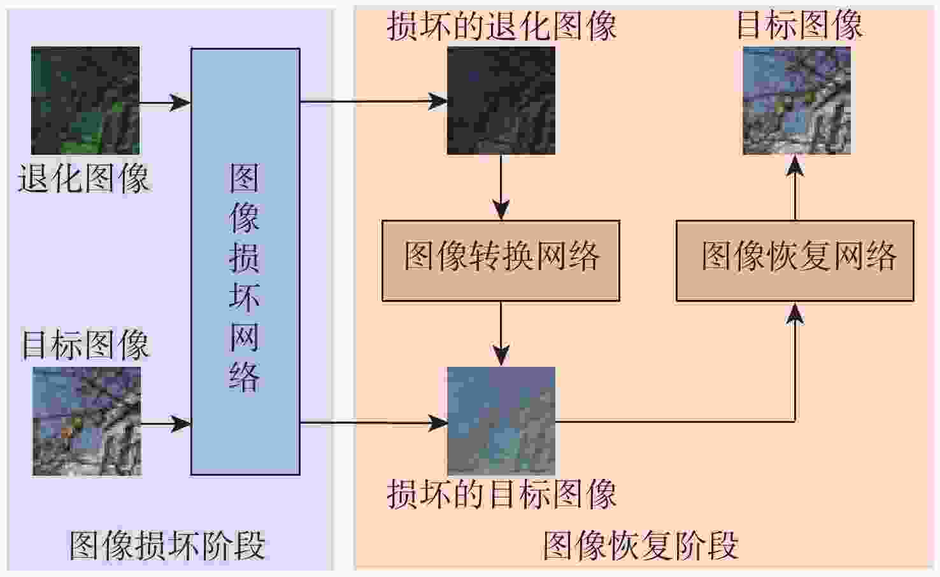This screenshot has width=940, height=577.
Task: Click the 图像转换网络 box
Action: click(501, 260)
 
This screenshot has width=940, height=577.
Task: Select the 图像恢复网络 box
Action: click(794, 260)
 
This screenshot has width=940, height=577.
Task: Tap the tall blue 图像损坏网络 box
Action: click(245, 261)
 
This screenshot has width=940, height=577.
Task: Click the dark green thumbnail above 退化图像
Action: click(85, 100)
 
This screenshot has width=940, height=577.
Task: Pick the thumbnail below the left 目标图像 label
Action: click(87, 421)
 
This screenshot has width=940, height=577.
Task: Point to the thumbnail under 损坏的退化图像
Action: click(501, 100)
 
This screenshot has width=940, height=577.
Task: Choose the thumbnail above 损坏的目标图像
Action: click(501, 421)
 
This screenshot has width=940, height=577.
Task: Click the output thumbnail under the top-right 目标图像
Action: click(796, 100)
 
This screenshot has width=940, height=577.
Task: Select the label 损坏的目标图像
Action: click(501, 494)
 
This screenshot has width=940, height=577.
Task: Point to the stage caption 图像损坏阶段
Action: click(167, 545)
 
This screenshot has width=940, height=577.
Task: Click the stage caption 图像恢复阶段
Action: click(641, 545)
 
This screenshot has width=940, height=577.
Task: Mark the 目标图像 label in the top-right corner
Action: click(799, 25)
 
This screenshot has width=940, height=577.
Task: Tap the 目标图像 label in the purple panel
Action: click(85, 345)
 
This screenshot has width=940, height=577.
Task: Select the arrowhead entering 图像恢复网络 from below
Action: click(795, 313)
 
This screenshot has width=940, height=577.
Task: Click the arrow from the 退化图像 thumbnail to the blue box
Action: click(166, 102)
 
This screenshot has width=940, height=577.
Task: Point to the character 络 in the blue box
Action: click(245, 377)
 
